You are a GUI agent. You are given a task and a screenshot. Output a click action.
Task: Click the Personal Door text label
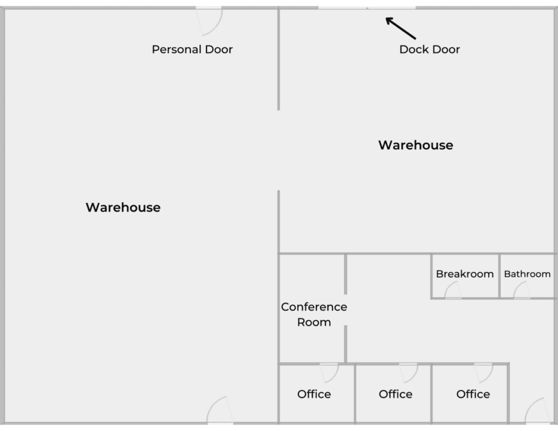click(192, 49)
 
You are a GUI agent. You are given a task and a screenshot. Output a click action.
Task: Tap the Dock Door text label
click(429, 49)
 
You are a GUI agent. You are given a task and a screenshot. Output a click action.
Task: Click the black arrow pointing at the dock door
click(401, 28)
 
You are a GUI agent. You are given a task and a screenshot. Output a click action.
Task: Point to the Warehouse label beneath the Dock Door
click(416, 145)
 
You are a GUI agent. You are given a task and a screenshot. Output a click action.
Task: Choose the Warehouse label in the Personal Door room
click(123, 208)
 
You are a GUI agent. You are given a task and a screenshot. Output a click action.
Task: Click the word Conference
click(314, 307)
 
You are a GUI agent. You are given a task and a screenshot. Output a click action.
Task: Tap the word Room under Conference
click(314, 322)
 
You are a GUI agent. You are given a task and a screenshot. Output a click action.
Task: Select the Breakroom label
click(465, 274)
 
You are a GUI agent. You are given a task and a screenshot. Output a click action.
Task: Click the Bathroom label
click(527, 274)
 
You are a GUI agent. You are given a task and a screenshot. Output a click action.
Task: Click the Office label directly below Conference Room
click(314, 394)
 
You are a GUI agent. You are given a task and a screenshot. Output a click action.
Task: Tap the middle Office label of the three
click(396, 394)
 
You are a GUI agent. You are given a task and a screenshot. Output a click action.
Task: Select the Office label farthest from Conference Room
click(473, 394)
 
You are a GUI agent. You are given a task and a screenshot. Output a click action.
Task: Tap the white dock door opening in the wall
click(367, 8)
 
